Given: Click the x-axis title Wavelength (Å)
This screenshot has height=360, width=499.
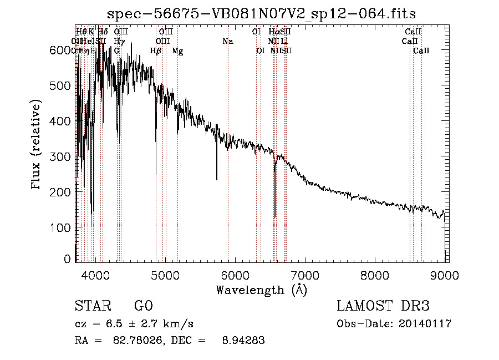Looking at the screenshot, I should click(x=261, y=290).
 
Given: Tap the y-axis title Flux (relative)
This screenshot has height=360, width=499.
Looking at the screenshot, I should click(x=37, y=145).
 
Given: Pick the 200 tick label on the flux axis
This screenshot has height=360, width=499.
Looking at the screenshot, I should click(x=65, y=192).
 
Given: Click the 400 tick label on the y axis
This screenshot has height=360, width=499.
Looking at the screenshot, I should click(x=65, y=121).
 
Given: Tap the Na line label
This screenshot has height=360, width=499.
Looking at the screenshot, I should click(x=228, y=41).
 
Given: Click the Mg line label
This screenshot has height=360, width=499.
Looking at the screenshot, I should click(x=177, y=51).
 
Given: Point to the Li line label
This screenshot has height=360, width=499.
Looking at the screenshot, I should click(x=284, y=41).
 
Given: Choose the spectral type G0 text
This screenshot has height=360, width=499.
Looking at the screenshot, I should click(x=143, y=307).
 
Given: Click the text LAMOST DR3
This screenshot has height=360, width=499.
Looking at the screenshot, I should click(x=383, y=307).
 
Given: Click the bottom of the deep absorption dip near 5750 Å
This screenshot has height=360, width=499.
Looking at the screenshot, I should click(x=217, y=180).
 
